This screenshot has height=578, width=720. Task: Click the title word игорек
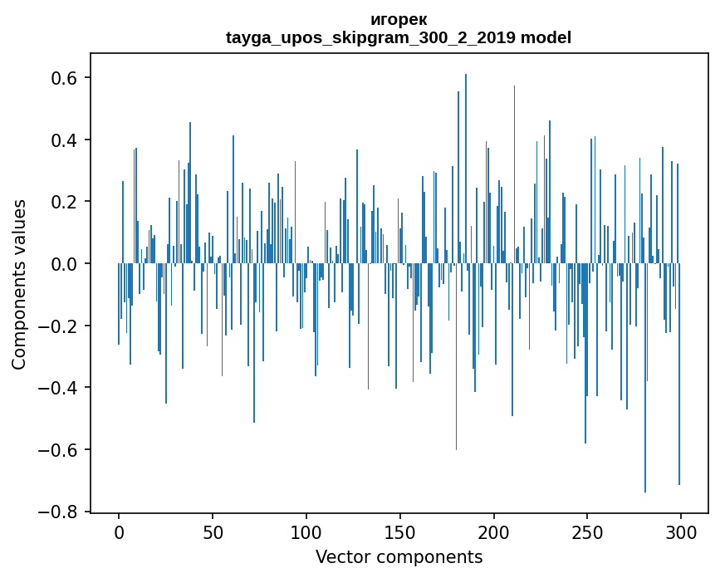coord(399,20)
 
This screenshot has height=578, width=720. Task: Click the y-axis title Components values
coord(19,284)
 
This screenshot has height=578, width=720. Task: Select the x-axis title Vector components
coord(399,556)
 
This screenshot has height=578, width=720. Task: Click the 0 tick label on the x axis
coord(119,531)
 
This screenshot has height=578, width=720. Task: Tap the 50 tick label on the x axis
coord(213,531)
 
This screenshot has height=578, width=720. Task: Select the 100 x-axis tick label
coord(306,531)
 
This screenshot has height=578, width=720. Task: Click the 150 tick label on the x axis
coord(399,531)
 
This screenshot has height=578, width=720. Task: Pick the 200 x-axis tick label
coord(493,531)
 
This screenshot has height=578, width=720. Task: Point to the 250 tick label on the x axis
coord(587,531)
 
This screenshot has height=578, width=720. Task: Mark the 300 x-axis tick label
coord(681,531)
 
